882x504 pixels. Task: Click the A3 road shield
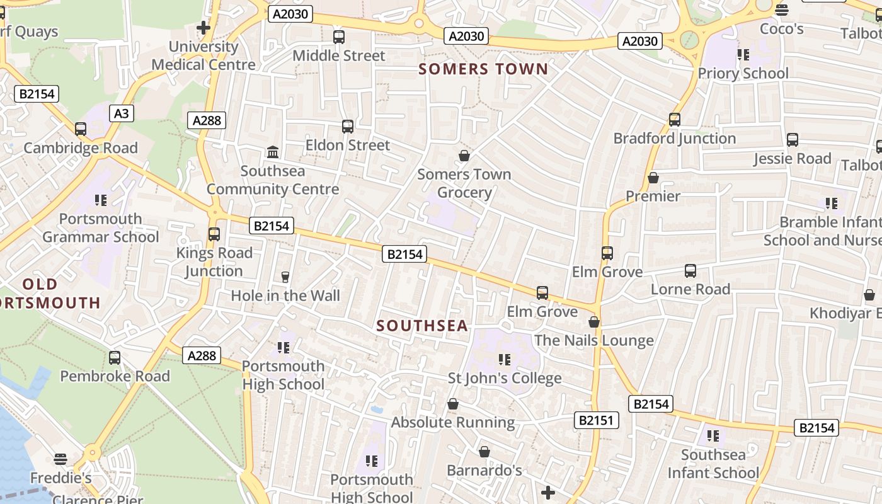click(122, 113)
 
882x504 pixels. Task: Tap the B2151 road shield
click(596, 420)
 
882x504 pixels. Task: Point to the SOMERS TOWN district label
click(483, 69)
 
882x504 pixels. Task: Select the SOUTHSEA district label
click(422, 326)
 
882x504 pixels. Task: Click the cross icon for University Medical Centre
click(203, 28)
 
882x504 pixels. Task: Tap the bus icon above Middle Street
click(339, 37)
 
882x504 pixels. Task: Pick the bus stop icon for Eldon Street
click(348, 127)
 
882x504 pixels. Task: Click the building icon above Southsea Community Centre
click(273, 152)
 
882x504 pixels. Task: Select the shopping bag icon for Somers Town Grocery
click(464, 155)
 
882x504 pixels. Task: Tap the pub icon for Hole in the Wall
click(285, 277)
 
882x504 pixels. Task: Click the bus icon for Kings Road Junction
click(214, 234)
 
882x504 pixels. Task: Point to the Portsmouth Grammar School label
click(101, 228)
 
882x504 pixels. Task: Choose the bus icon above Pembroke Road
click(115, 358)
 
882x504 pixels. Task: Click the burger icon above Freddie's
click(60, 459)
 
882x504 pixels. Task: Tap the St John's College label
click(504, 378)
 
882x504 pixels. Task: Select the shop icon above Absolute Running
click(452, 404)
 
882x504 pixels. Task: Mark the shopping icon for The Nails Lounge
click(593, 322)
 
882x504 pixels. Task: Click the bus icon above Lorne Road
click(690, 271)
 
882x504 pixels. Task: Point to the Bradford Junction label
click(674, 138)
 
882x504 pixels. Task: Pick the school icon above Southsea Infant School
click(713, 436)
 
